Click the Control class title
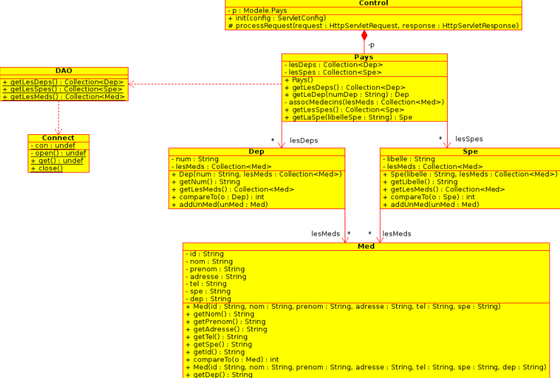coord(373,3)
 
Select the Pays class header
coord(364,57)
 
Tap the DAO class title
coord(64,71)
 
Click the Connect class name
coord(58,138)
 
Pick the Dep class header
coord(256,151)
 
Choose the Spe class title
coord(470,151)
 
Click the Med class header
coord(366,246)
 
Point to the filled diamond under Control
coord(364,36)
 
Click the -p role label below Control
coord(371,45)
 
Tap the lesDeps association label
coord(304,141)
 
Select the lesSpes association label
coord(469,139)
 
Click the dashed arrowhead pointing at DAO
coord(131,84)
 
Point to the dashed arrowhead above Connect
coord(59,131)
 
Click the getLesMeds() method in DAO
coord(64,97)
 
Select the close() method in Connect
coord(47,168)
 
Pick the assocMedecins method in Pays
coord(364,102)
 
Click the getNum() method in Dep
coord(206,182)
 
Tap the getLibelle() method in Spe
coord(420,182)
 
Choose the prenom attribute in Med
coord(215,269)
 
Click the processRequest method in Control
coord(374,25)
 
